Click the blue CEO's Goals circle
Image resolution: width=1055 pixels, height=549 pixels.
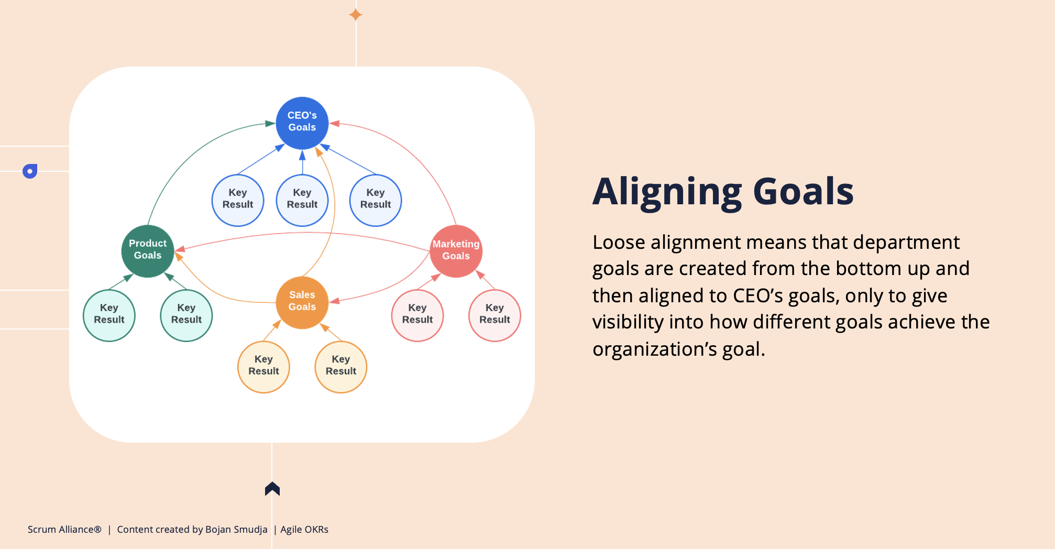302,123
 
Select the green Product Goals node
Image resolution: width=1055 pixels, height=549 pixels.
148,251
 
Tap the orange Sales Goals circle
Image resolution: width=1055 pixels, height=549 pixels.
302,302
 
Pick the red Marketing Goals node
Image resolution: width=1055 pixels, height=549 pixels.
456,251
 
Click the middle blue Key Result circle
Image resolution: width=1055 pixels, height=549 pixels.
302,200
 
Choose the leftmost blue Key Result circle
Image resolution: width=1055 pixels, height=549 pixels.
238,200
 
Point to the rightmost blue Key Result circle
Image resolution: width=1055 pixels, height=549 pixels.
376,200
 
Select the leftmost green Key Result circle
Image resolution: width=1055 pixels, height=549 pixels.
109,315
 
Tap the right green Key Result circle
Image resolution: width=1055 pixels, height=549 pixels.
186,315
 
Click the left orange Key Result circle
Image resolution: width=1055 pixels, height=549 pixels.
263,367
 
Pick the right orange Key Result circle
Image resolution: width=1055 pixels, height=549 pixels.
341,367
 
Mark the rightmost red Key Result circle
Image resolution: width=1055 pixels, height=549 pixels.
495,315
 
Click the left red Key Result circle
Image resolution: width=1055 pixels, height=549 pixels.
417,315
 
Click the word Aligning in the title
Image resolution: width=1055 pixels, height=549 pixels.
667,193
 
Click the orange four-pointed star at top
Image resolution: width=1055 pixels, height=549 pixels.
356,15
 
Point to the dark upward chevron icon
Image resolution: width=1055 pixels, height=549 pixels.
272,488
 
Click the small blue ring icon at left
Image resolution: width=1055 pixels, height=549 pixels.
30,171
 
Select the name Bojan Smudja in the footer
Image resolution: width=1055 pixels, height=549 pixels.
236,530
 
